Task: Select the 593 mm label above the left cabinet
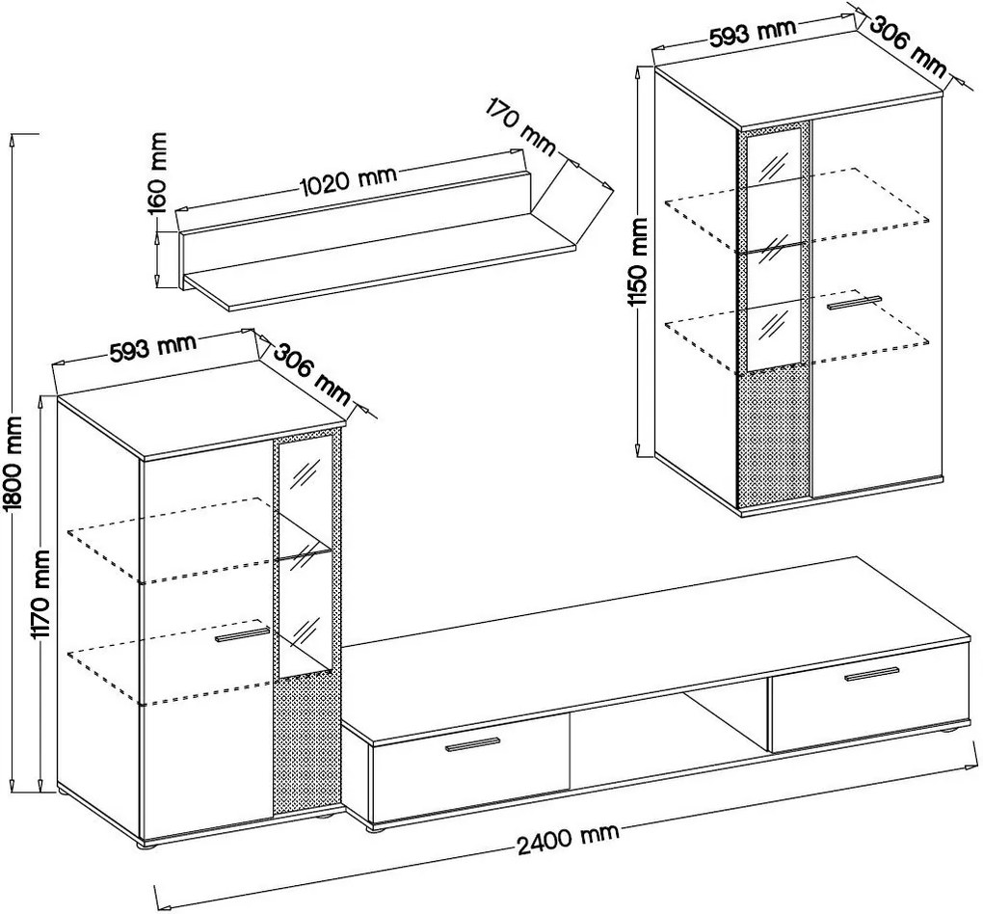pos(153,347)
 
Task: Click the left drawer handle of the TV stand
pos(472,743)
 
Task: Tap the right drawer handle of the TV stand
pos(871,674)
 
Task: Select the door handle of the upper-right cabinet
pos(855,304)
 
